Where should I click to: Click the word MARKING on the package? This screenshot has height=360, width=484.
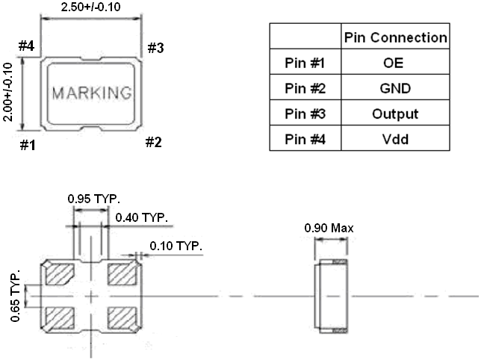[92, 94]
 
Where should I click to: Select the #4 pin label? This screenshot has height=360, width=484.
[27, 47]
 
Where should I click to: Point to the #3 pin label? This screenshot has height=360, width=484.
[155, 49]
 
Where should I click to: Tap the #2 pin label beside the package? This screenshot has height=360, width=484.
[153, 143]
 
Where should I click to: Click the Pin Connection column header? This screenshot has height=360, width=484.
[394, 37]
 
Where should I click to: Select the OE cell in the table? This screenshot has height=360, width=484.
[394, 63]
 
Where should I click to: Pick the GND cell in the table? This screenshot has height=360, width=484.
[394, 88]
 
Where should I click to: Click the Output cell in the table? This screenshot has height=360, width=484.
[394, 114]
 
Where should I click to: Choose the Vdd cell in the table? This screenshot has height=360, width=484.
[394, 139]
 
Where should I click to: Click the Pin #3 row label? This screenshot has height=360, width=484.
[305, 114]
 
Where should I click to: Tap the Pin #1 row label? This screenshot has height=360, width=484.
[305, 63]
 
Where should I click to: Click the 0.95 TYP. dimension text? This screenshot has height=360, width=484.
[92, 199]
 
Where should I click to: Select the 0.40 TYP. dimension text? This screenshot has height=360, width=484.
[143, 217]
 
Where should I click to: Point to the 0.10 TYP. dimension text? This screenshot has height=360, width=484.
[176, 246]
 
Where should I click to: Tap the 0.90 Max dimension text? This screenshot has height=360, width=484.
[329, 229]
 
